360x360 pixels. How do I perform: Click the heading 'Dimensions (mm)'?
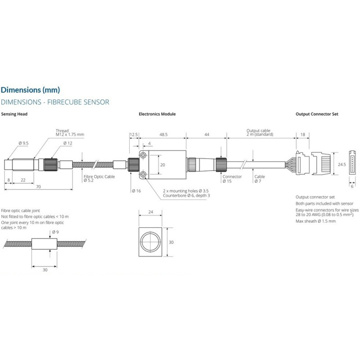31,90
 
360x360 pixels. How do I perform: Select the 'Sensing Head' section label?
14,114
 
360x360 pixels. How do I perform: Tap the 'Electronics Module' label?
157,114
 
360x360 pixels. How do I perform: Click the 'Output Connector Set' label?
317,114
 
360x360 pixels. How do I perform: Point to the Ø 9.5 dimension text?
24,143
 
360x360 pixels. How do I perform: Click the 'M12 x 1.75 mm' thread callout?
70,135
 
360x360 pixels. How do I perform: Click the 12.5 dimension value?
134,135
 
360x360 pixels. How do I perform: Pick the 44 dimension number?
206,135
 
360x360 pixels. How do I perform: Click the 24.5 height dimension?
342,165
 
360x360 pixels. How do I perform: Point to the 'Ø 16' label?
136,191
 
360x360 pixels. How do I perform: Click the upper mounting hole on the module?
143,155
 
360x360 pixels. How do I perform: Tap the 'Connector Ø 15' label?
232,179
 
